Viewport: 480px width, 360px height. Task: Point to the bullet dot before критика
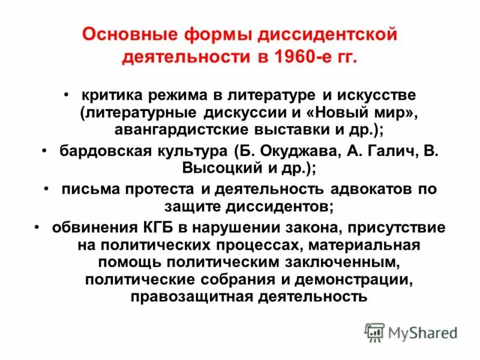(68, 95)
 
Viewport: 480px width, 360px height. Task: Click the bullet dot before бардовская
(46, 149)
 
